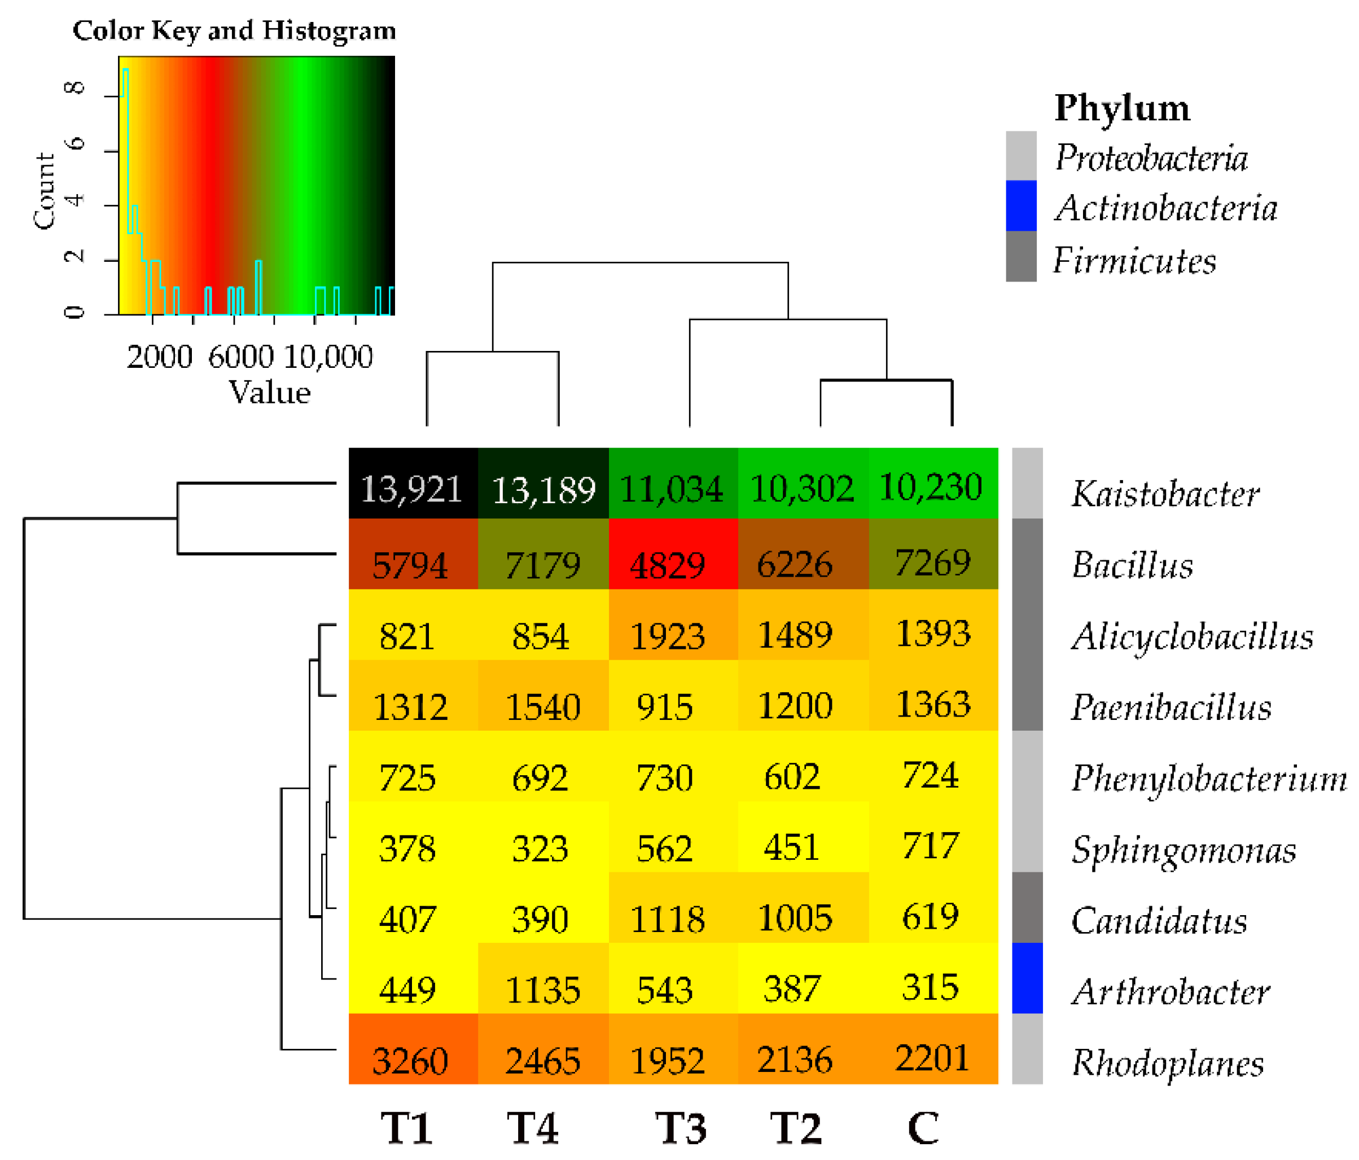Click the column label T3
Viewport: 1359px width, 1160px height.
click(x=681, y=1129)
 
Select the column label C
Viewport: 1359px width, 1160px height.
click(x=923, y=1129)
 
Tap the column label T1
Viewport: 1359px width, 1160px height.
click(x=407, y=1129)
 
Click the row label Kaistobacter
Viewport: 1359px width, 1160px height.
click(x=1165, y=494)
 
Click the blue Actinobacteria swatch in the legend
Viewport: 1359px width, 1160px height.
click(x=1020, y=206)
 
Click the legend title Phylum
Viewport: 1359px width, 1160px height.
click(x=1121, y=108)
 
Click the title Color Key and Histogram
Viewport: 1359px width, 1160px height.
click(x=234, y=31)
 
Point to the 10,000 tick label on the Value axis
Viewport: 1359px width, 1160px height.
click(x=328, y=357)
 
